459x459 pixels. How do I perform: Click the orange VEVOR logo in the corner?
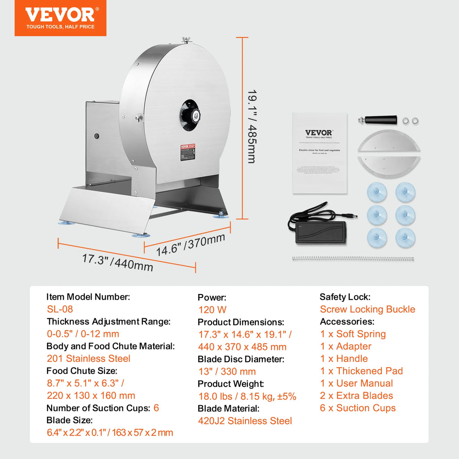click(60, 18)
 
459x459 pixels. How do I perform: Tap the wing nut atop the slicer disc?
click(186, 41)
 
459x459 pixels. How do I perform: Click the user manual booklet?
click(319, 152)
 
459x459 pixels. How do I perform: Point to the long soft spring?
click(352, 259)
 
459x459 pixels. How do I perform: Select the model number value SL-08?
click(60, 309)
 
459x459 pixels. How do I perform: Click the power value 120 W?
click(212, 310)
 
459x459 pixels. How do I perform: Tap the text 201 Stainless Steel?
click(88, 359)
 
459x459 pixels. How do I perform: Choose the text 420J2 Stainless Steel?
click(245, 421)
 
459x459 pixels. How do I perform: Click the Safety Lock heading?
click(345, 297)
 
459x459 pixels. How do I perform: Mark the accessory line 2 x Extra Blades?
click(356, 396)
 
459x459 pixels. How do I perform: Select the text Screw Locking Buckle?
click(368, 309)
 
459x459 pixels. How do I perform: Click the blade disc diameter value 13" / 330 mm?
click(227, 372)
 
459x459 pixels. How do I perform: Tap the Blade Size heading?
click(69, 420)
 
